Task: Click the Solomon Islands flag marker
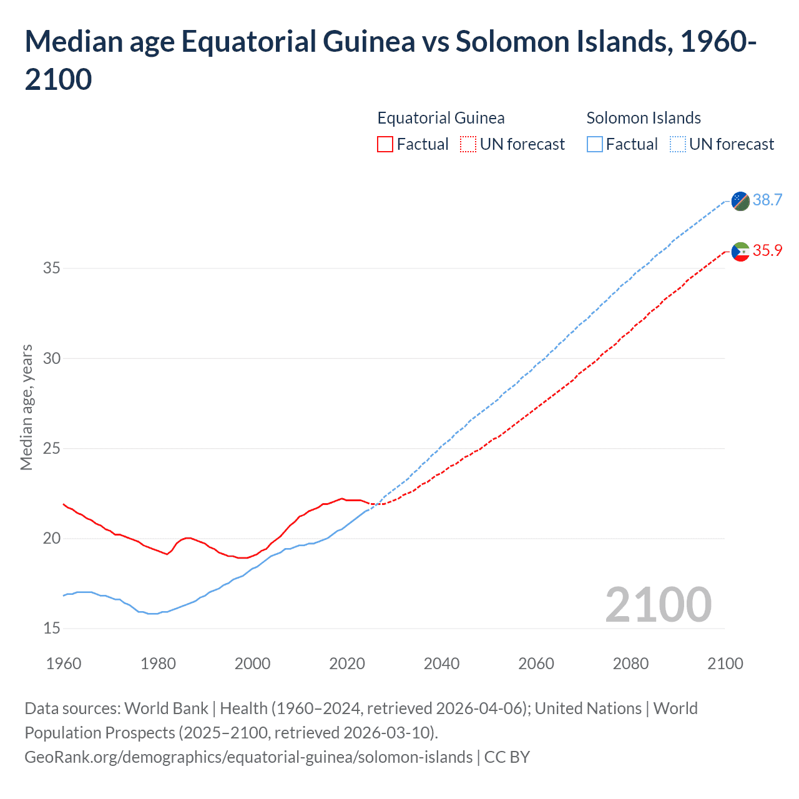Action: (x=740, y=201)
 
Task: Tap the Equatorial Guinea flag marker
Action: (x=740, y=252)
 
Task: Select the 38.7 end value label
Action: (x=767, y=200)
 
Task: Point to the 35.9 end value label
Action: (x=767, y=250)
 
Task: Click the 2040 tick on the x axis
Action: (x=441, y=664)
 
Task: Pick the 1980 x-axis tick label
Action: (x=158, y=664)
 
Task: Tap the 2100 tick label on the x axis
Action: (x=725, y=664)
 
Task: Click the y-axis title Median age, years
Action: (x=26, y=407)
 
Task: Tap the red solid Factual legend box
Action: (x=385, y=144)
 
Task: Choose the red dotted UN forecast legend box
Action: (x=468, y=144)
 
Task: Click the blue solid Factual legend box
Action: (x=595, y=144)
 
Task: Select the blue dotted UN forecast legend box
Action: (x=678, y=144)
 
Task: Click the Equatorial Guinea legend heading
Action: (x=441, y=118)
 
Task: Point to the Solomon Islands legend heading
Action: (x=644, y=118)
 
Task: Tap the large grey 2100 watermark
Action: (x=658, y=604)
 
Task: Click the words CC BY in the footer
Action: (x=507, y=757)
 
